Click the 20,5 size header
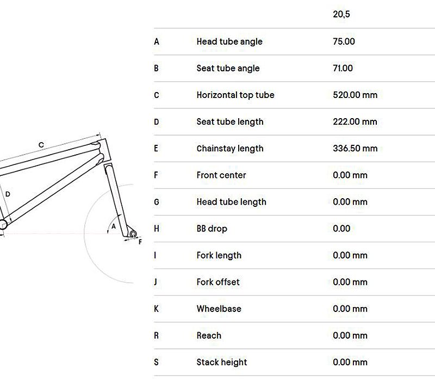[x=341, y=14]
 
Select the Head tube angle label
[x=229, y=41]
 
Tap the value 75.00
[x=344, y=41]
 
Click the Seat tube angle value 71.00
[x=343, y=68]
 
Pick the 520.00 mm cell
[x=355, y=95]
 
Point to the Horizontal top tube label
[x=235, y=95]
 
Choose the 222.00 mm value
[x=355, y=121]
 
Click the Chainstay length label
[x=229, y=148]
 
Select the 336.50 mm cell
[x=355, y=148]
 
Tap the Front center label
[x=221, y=175]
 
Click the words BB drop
[x=212, y=228]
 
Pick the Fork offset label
[x=217, y=281]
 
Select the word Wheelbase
[x=219, y=308]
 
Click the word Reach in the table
[x=209, y=335]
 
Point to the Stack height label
[x=221, y=362]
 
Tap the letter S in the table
[x=157, y=362]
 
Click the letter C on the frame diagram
[x=41, y=145]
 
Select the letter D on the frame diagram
[x=8, y=194]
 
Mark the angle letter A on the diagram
[x=114, y=225]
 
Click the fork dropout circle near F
[x=132, y=233]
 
